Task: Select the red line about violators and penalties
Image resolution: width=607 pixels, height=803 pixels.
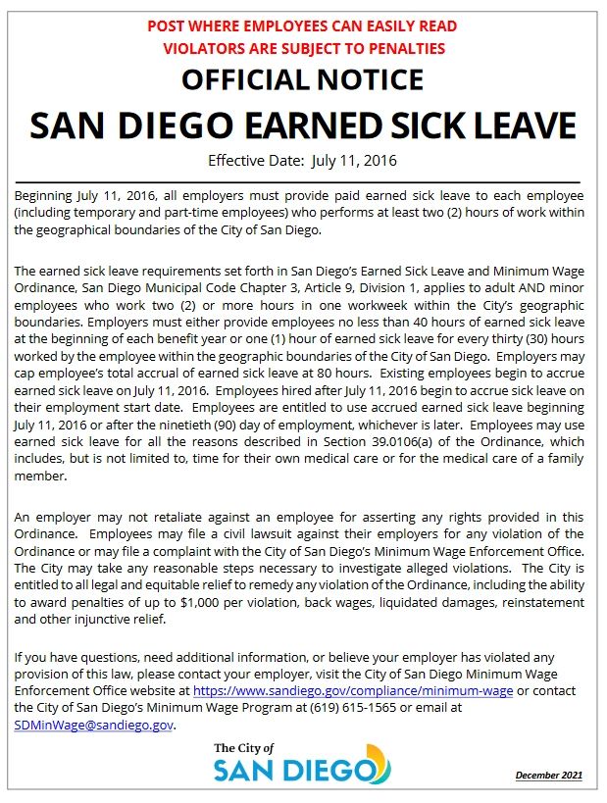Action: (303, 48)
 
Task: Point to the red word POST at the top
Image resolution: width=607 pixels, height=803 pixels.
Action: (168, 26)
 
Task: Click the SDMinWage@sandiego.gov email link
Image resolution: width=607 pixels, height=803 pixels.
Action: (94, 725)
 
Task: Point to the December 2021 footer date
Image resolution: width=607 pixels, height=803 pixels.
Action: (549, 776)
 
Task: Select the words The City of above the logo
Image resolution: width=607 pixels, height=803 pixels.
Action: (243, 748)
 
